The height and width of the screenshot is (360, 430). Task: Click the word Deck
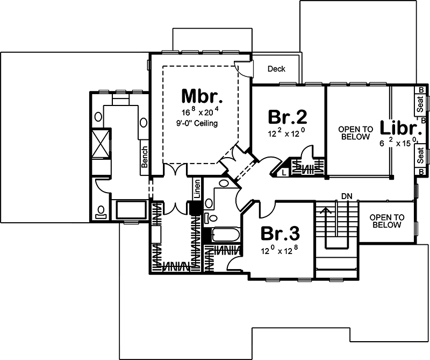276,69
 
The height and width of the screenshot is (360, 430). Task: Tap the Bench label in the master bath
144,157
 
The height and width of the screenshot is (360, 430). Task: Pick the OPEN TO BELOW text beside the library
355,133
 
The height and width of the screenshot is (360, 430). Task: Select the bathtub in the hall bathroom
224,235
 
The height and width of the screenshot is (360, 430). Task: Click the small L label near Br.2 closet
284,172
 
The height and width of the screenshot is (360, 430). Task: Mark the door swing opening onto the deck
243,69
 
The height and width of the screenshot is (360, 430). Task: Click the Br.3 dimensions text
279,250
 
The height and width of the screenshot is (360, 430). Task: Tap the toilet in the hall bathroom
211,218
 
